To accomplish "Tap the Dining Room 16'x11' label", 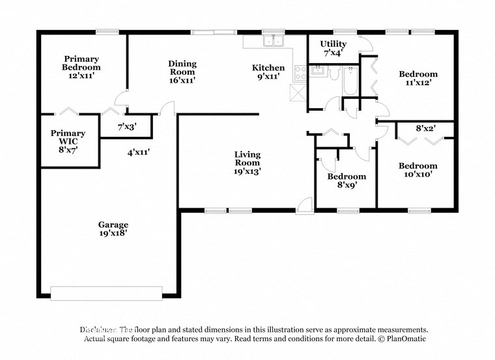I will coord(182,72).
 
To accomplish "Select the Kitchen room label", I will coord(268,72).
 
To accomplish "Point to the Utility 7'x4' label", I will coord(333,48).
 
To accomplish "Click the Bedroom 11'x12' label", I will coord(417,78).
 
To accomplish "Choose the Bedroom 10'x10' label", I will coord(417,170).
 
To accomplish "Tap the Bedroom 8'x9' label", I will coord(346,180).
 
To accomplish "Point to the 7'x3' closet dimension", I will coord(128,127).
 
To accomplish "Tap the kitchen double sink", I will coord(272,42).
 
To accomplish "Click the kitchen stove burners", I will coord(300,73).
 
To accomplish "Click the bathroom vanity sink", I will coord(319,71).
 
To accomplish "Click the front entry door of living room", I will coord(304,206).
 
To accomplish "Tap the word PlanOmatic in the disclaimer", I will coord(403,339).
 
